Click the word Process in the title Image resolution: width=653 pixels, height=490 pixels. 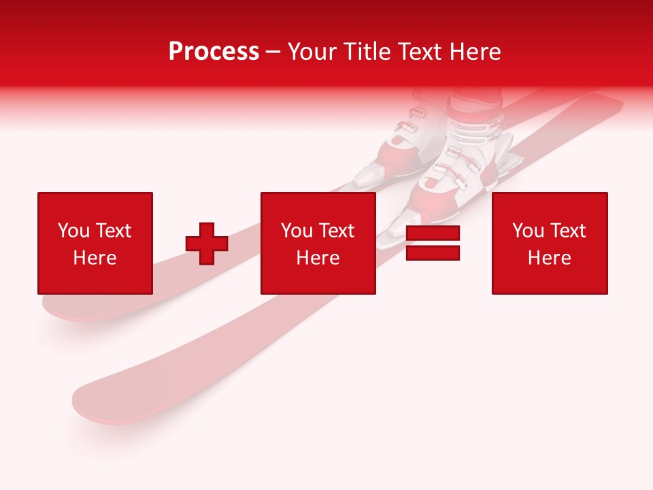click(x=214, y=52)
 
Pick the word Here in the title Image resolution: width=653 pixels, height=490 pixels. click(x=476, y=52)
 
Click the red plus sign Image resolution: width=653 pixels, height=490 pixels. click(x=207, y=244)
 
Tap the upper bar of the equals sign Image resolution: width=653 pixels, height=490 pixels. click(x=433, y=233)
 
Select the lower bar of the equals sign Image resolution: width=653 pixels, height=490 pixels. click(x=433, y=253)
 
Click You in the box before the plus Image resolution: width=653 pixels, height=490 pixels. click(x=73, y=231)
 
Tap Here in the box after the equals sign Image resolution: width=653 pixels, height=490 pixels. click(x=550, y=258)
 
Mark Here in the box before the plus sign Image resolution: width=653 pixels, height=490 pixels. click(x=95, y=258)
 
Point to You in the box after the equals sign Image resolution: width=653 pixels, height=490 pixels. click(x=528, y=231)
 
